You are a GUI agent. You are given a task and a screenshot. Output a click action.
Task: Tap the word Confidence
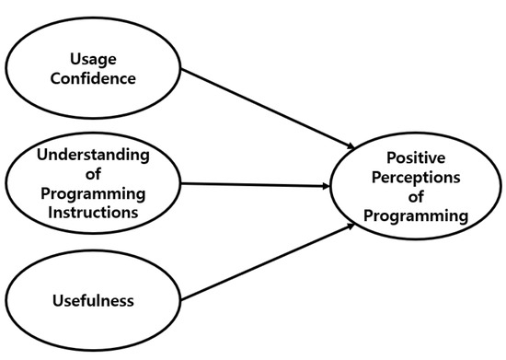(92, 78)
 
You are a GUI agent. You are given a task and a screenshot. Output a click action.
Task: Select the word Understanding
(92, 154)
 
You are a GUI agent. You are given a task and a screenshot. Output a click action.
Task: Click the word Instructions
(92, 211)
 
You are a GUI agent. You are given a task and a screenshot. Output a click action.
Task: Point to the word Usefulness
(92, 300)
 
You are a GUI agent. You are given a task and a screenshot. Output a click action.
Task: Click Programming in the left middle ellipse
(92, 192)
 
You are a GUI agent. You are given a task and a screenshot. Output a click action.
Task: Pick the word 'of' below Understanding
(92, 173)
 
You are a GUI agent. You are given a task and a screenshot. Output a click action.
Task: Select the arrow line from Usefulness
(267, 263)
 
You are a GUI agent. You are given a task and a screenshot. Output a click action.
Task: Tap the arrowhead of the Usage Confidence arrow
(351, 146)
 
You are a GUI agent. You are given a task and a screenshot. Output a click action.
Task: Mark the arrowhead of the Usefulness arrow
(351, 226)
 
